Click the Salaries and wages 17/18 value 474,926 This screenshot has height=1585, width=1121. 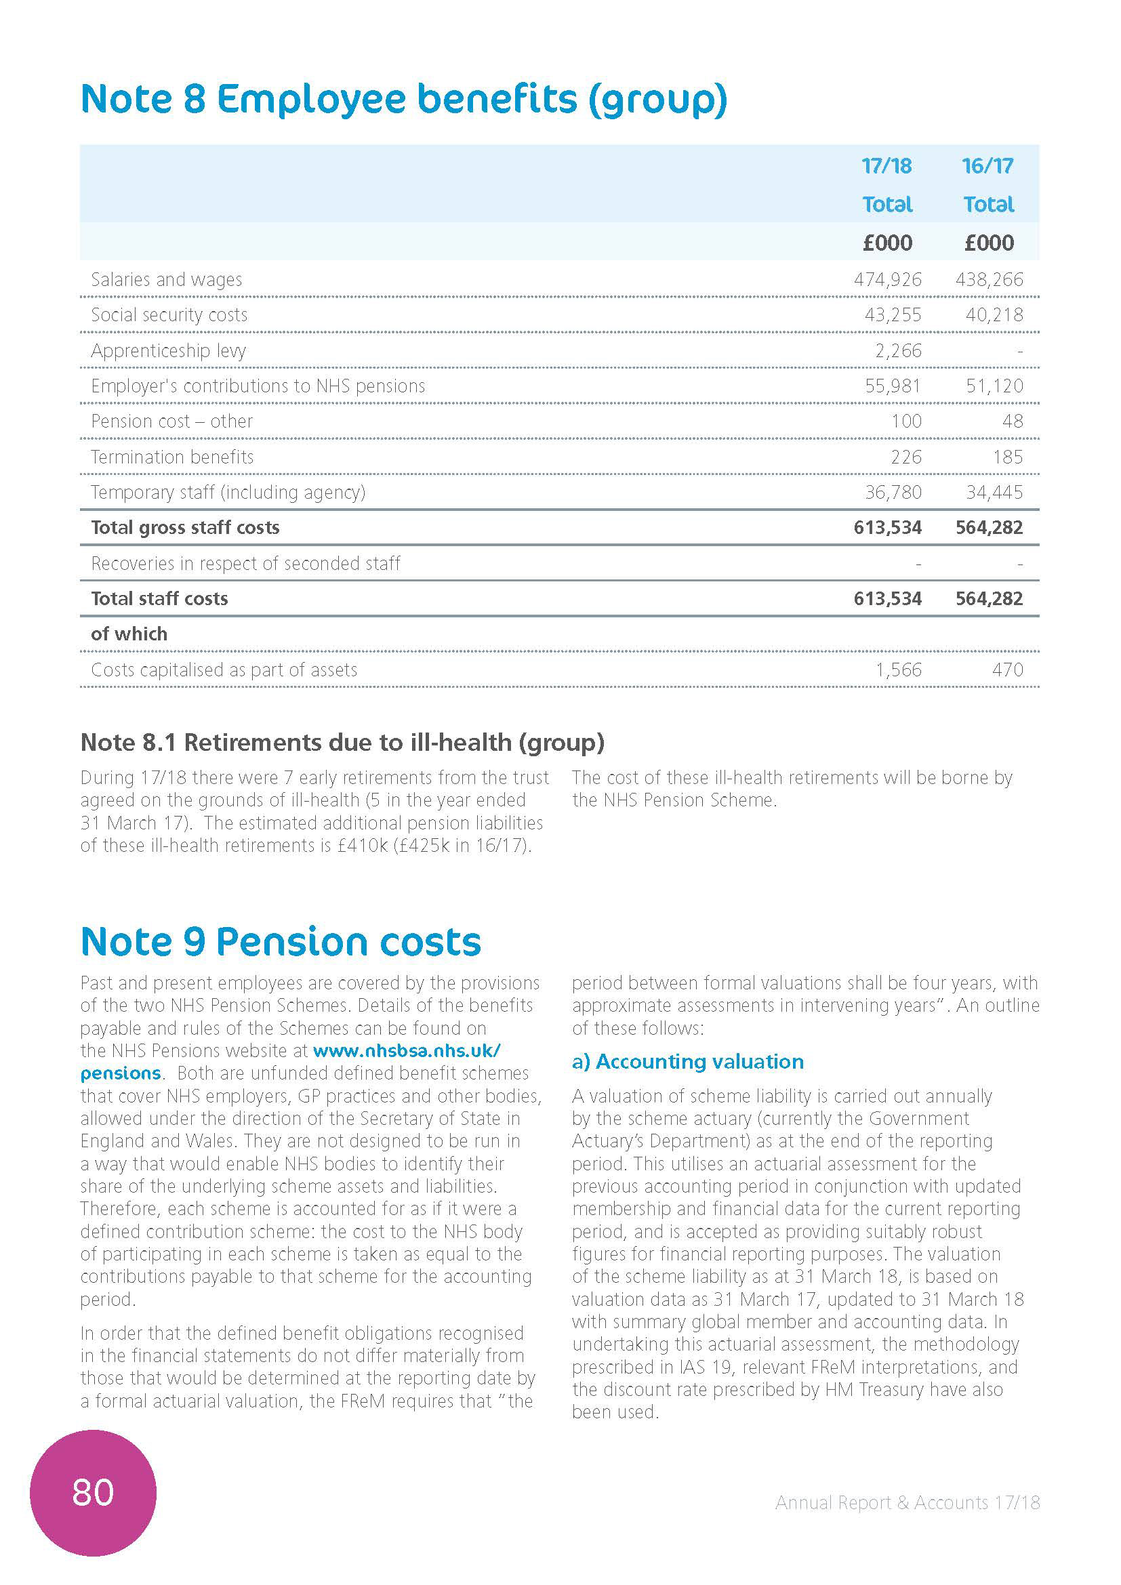click(x=887, y=280)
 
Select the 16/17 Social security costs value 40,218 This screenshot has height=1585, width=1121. click(x=994, y=315)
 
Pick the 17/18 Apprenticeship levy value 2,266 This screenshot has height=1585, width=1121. click(x=898, y=351)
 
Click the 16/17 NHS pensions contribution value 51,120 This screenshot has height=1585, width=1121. click(x=994, y=386)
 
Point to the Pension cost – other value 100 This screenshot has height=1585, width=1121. click(x=905, y=421)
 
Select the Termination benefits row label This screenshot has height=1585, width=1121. click(x=172, y=457)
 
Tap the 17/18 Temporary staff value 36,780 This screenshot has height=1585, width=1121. click(x=893, y=492)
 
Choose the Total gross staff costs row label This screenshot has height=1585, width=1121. click(x=185, y=527)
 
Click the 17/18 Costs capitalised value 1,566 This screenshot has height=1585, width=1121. click(x=898, y=670)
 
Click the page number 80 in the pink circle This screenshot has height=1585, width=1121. click(x=92, y=1491)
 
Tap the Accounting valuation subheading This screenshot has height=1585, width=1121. click(x=687, y=1062)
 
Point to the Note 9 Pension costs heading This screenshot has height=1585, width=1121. click(x=281, y=942)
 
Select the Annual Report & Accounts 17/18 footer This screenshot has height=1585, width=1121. click(x=907, y=1503)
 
